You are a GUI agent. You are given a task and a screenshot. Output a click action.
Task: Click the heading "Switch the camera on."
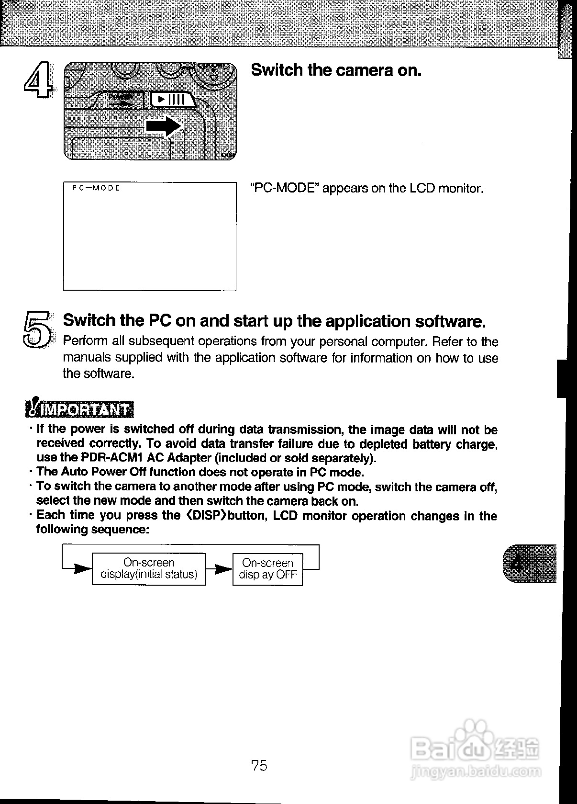click(336, 70)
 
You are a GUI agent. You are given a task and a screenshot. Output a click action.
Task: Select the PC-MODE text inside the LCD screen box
click(96, 188)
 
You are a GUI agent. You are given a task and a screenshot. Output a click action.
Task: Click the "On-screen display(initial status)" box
click(149, 568)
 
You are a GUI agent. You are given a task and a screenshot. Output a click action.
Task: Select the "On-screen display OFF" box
click(267, 569)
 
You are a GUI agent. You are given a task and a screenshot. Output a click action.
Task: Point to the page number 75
click(259, 766)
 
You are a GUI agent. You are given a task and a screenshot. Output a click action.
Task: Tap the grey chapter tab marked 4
click(529, 563)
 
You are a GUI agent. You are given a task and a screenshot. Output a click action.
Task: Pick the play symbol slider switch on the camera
click(171, 100)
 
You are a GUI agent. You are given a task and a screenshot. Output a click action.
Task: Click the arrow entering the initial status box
click(82, 569)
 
